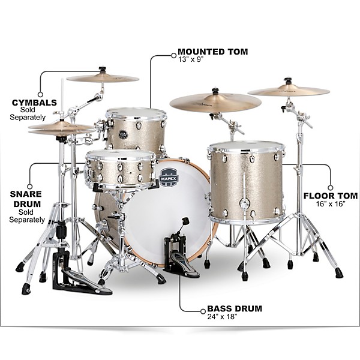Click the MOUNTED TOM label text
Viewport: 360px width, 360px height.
click(213, 52)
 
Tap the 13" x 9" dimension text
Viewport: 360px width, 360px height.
click(191, 60)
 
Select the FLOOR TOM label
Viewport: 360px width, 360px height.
click(331, 196)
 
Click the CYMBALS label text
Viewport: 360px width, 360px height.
click(34, 102)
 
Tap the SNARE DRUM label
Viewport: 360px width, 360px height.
click(25, 199)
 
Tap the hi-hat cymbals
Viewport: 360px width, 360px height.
click(60, 127)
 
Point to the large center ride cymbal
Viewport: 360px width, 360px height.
click(215, 102)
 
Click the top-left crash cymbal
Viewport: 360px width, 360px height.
click(103, 77)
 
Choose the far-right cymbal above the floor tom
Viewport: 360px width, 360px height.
click(289, 91)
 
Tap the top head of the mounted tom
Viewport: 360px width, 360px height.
click(136, 113)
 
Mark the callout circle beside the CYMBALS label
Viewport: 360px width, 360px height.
click(40, 94)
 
